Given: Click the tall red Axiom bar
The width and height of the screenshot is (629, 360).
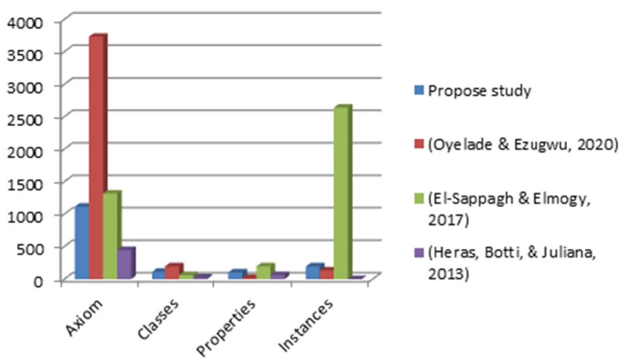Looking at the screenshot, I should [x=96, y=157].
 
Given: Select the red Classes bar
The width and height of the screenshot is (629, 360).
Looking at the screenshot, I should [x=173, y=272].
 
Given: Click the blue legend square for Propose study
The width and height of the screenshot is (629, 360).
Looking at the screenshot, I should [x=419, y=90].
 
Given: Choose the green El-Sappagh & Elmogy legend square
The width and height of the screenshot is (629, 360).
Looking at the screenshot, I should [x=419, y=199].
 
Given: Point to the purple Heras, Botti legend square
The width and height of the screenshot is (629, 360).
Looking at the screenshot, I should [x=419, y=253].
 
